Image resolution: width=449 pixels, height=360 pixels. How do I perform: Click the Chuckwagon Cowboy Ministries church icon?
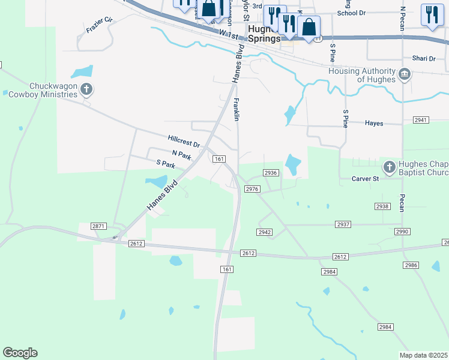[86, 90]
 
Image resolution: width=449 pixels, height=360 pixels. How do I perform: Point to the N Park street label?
[181, 155]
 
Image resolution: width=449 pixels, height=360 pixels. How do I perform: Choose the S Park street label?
[165, 163]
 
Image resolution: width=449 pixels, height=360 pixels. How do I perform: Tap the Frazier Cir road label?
[100, 25]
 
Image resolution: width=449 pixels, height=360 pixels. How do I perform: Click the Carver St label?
[366, 179]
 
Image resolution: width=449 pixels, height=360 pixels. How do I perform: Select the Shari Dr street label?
[423, 58]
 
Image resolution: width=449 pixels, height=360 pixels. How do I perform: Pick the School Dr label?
[351, 13]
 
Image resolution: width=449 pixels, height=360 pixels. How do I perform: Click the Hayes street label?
[374, 123]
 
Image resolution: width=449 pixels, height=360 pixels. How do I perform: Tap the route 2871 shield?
[99, 226]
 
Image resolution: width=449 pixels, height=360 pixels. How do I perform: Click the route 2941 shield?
[421, 120]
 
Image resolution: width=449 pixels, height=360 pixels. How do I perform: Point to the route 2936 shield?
[270, 173]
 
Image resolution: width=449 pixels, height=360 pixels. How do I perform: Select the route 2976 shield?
[252, 189]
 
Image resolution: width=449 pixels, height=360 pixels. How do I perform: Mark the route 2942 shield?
[265, 232]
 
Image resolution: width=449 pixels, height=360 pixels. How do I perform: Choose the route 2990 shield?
[402, 232]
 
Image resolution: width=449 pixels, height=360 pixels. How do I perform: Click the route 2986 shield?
[411, 265]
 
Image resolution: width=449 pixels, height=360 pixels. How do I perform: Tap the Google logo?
[20, 353]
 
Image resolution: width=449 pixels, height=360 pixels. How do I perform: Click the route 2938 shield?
[382, 206]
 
